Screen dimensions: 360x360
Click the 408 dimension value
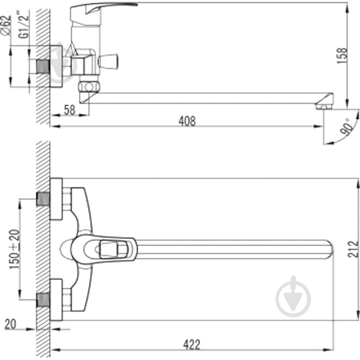187,120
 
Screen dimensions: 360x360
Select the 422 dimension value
191,344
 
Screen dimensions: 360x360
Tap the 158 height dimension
342,56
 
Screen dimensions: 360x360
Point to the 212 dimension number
353,249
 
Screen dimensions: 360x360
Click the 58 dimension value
70,110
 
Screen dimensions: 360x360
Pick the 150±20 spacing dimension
14,250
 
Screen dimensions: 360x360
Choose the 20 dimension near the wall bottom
11,324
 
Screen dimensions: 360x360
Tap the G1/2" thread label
24,25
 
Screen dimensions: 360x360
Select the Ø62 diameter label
6,25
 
